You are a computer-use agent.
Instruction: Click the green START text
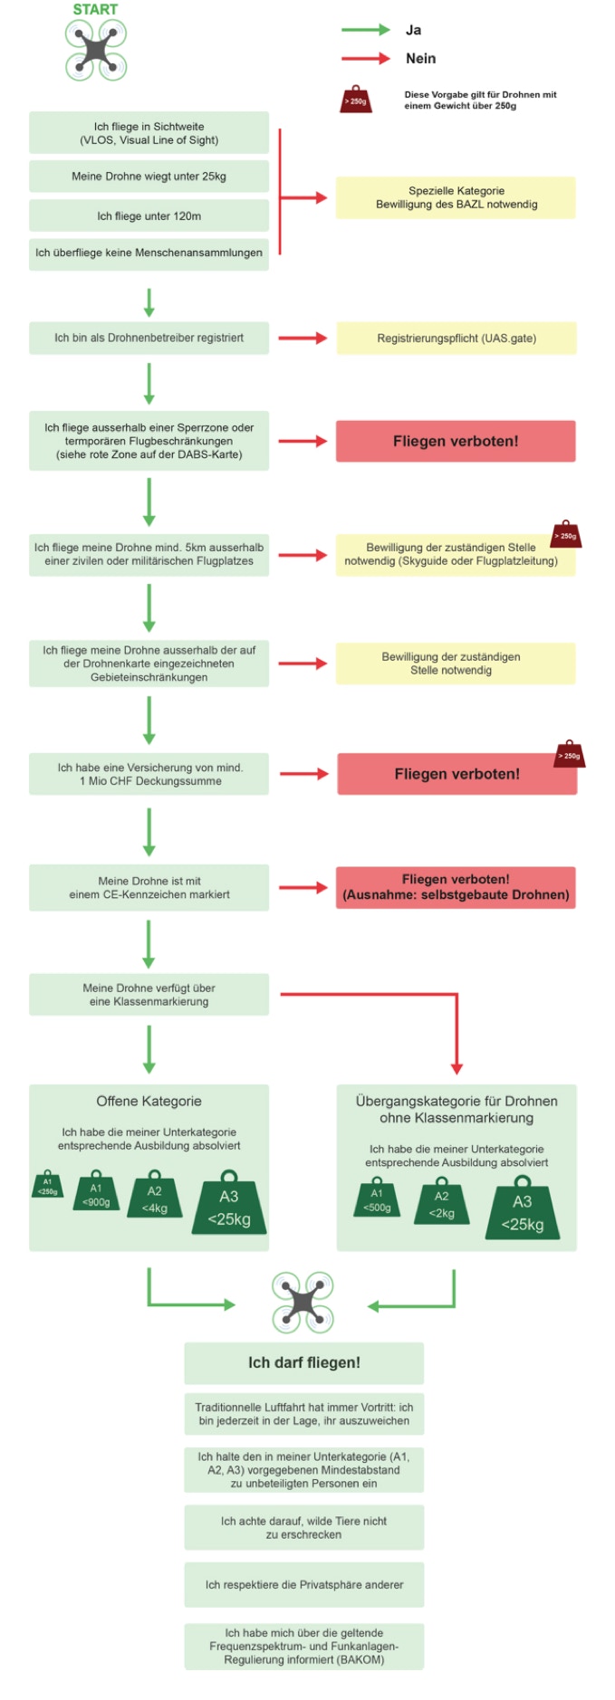pyautogui.click(x=95, y=9)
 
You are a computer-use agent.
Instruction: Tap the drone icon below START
pyautogui.click(x=96, y=50)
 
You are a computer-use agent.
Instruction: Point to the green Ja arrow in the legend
pyautogui.click(x=366, y=30)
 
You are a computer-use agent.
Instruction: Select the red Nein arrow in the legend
pyautogui.click(x=366, y=59)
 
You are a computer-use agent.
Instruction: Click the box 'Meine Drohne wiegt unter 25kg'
pyautogui.click(x=149, y=177)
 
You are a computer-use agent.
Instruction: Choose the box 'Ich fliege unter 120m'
pyautogui.click(x=149, y=216)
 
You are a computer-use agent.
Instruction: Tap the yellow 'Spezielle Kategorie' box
pyautogui.click(x=456, y=197)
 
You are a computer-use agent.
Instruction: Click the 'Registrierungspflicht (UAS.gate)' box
pyautogui.click(x=456, y=339)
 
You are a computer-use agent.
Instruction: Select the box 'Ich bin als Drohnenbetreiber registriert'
pyautogui.click(x=149, y=338)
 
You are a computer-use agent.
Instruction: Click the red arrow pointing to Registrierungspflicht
pyautogui.click(x=303, y=339)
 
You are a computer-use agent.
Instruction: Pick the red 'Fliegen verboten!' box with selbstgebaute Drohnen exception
pyautogui.click(x=456, y=887)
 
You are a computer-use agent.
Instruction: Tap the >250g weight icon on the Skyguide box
pyautogui.click(x=566, y=534)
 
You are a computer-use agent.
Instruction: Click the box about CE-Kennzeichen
pyautogui.click(x=149, y=887)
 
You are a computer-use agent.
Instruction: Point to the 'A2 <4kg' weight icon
pyautogui.click(x=155, y=1196)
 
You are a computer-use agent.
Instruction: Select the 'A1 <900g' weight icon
pyautogui.click(x=96, y=1191)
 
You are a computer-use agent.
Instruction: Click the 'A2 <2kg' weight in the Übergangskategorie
pyautogui.click(x=441, y=1200)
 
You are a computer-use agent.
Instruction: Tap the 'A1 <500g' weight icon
pyautogui.click(x=377, y=1197)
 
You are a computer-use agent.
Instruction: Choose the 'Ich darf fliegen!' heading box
pyautogui.click(x=303, y=1362)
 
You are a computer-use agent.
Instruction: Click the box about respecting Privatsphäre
pyautogui.click(x=303, y=1584)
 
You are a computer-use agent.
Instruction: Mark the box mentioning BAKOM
pyautogui.click(x=303, y=1646)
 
